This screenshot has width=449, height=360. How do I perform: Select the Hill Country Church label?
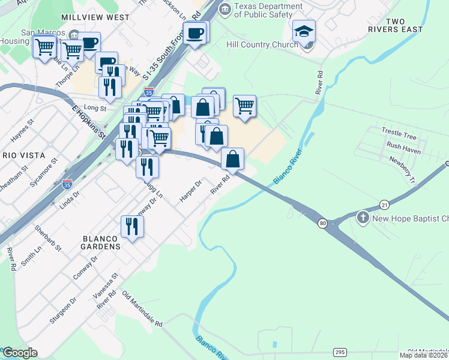[262, 44]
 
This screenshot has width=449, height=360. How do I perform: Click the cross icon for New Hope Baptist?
[363, 217]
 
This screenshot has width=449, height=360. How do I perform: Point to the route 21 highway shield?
[384, 205]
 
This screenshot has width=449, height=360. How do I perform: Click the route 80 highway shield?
[323, 224]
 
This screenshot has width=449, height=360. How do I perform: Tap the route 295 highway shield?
[340, 352]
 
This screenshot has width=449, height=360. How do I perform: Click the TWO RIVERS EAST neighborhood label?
[404, 25]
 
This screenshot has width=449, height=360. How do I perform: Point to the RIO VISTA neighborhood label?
[20, 155]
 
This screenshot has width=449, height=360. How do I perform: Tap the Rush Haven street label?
[403, 146]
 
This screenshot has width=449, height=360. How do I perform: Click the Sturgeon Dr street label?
[64, 310]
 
